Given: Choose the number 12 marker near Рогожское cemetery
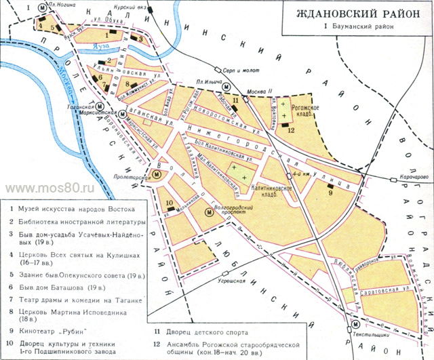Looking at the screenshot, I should [290, 132].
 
